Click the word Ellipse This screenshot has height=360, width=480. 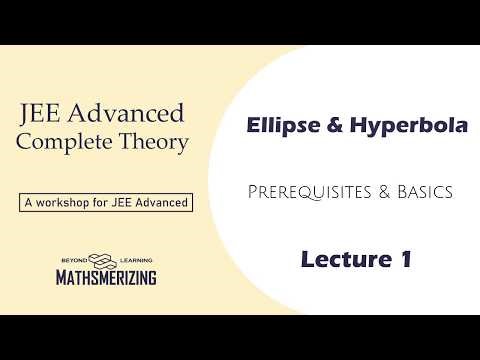pos(278,127)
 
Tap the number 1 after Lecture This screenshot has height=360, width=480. pos(405,259)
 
